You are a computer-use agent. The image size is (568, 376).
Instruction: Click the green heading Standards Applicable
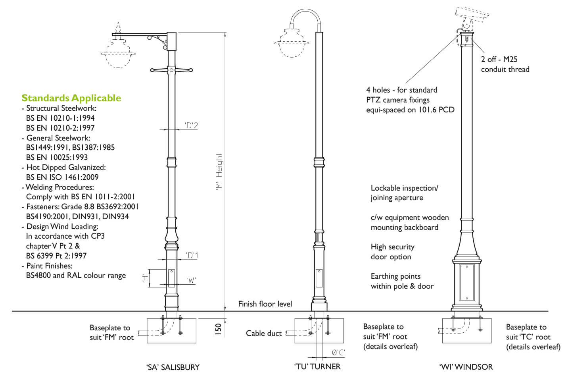click(x=71, y=98)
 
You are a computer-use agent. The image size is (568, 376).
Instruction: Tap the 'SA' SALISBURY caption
click(x=173, y=367)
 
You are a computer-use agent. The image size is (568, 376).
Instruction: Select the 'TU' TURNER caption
click(x=317, y=366)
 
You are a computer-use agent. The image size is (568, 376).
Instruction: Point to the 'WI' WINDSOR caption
click(x=466, y=367)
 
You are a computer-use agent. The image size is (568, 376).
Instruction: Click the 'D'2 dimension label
click(x=192, y=126)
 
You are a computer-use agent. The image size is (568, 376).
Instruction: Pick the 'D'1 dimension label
click(x=192, y=255)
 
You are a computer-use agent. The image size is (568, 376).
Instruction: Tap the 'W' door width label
click(x=191, y=280)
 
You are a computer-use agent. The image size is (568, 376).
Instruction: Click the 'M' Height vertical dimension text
click(x=219, y=172)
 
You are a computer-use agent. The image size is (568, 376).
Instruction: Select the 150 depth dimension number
click(x=218, y=329)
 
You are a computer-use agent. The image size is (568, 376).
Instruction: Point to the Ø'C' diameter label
click(x=338, y=353)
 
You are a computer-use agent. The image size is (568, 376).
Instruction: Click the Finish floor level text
click(x=265, y=304)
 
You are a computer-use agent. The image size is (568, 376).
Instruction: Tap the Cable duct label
click(x=264, y=334)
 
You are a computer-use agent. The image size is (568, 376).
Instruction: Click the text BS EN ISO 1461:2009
click(x=62, y=177)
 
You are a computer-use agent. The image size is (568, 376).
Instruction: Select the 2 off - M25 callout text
click(x=499, y=59)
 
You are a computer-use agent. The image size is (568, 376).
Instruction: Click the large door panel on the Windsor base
click(x=466, y=283)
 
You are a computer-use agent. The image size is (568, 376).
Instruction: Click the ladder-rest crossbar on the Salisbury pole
click(x=171, y=70)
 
